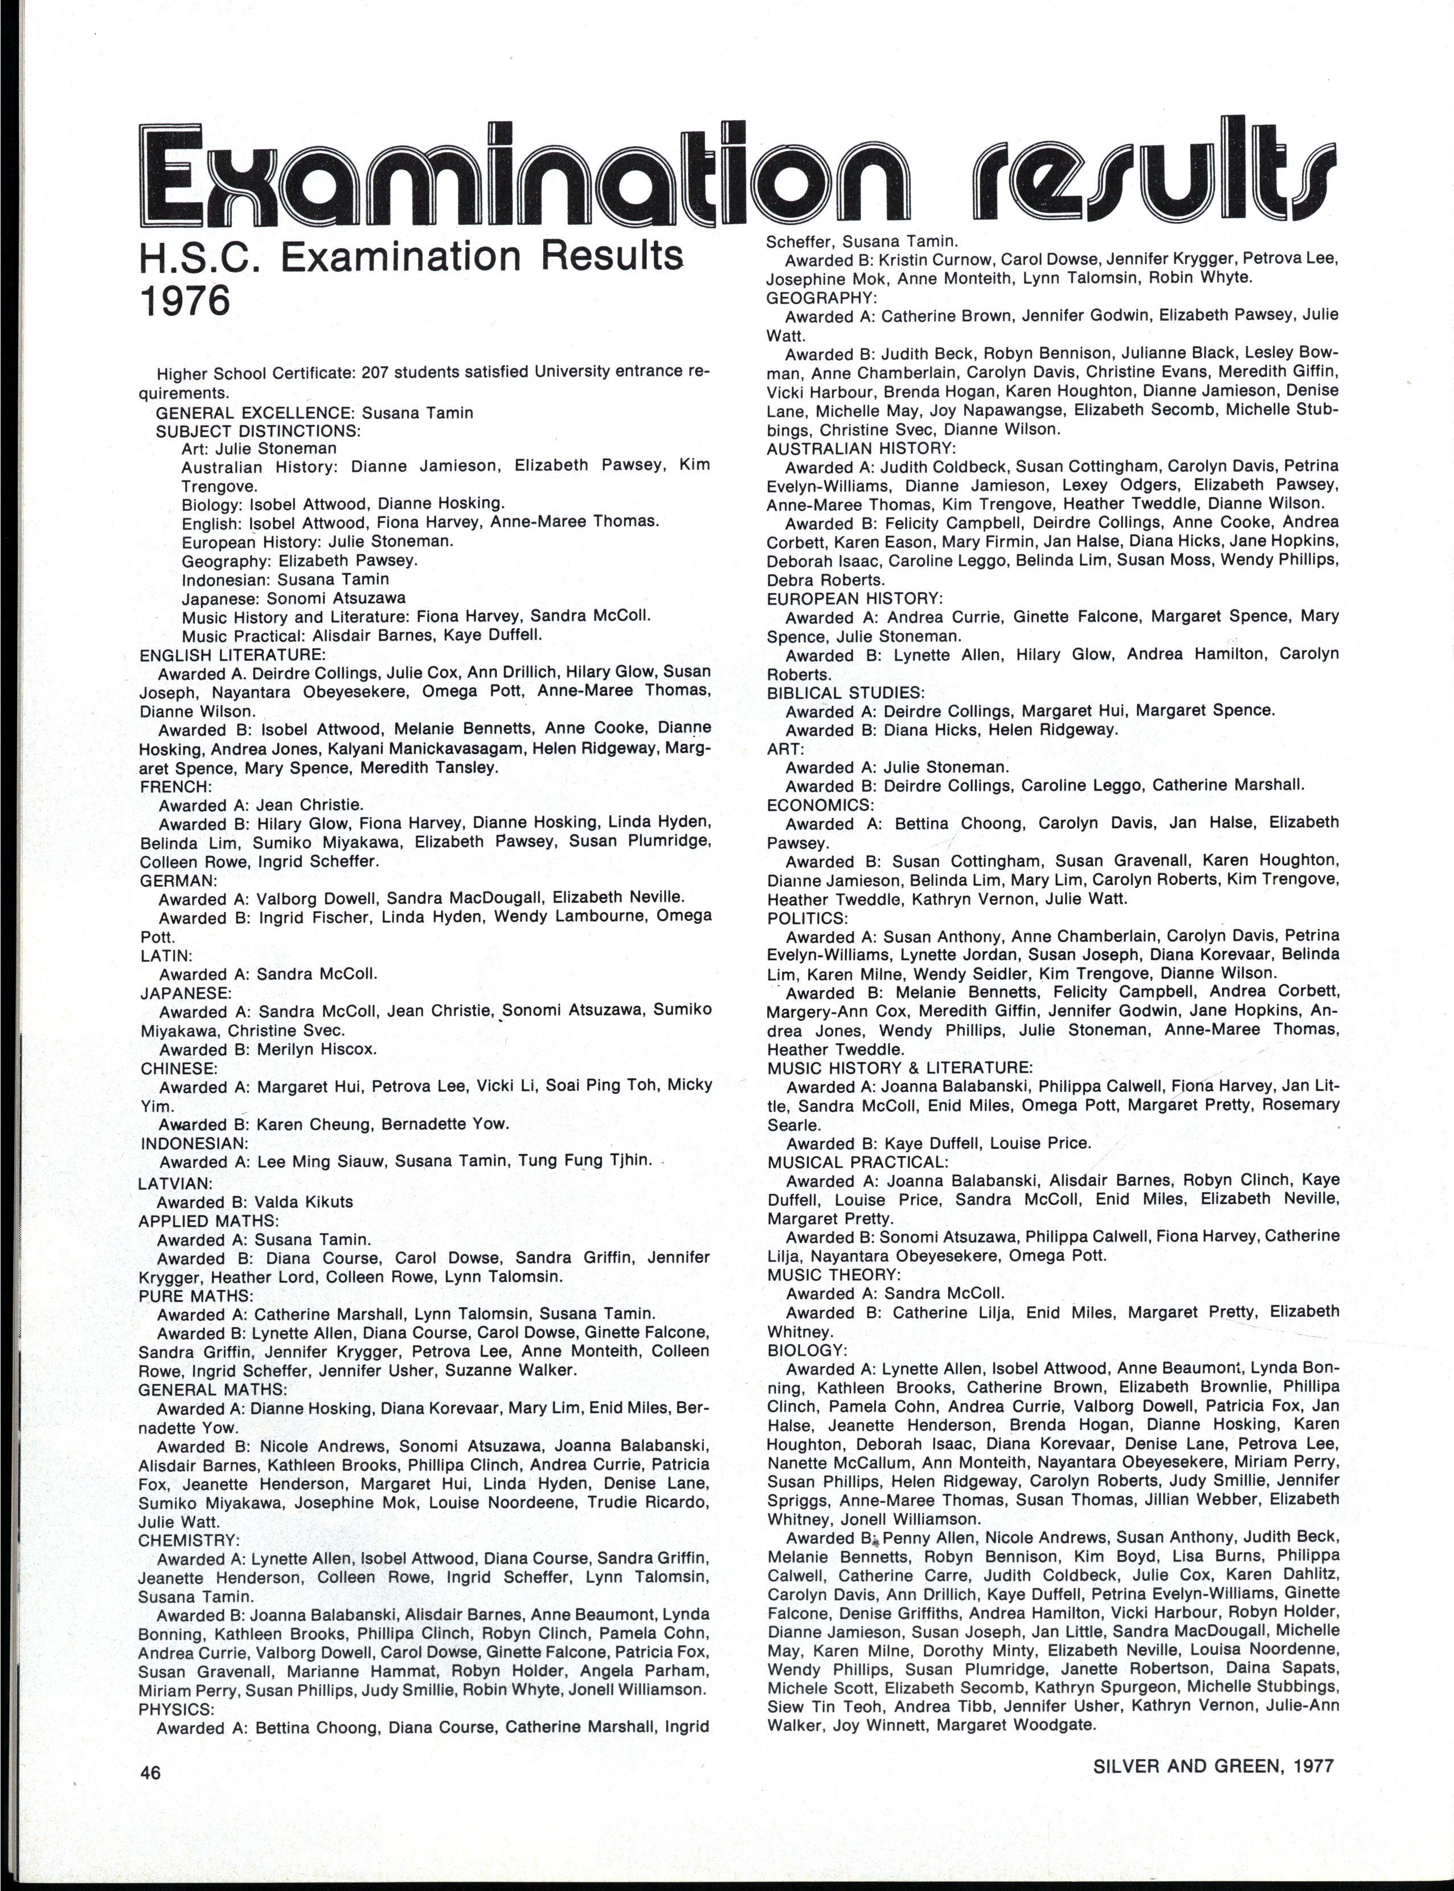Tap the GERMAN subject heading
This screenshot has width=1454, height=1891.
click(178, 880)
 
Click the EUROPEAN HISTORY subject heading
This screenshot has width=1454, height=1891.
click(854, 598)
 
